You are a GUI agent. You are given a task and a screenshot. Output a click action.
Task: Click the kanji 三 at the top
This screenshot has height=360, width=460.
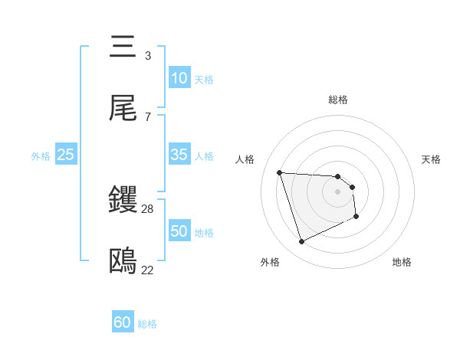coord(123,47)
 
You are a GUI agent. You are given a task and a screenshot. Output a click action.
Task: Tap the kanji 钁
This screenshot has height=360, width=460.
coord(123,201)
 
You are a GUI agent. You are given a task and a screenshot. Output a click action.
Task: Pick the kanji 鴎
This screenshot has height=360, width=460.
coord(123,262)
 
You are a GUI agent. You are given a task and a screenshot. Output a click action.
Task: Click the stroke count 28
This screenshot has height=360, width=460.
coord(148,208)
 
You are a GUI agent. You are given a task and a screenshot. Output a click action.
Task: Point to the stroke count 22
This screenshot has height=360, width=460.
coord(148,270)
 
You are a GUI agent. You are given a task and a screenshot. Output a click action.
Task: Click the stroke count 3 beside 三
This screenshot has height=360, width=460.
coord(148,55)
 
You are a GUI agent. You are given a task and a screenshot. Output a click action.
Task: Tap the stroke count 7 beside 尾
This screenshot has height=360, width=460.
coord(148,116)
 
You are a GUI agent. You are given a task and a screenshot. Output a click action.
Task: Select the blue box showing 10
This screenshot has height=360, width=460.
coord(179,78)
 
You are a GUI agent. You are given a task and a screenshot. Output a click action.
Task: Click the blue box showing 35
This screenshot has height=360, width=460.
coord(179,155)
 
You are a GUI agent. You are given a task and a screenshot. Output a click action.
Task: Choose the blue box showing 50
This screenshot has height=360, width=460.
coord(179,231)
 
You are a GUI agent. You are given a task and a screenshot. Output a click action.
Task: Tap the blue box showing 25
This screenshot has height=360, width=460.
coord(66,155)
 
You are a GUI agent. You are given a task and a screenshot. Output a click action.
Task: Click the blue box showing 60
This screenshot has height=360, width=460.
coord(123,322)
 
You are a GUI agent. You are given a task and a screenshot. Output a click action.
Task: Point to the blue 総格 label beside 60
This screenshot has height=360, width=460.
coord(147,324)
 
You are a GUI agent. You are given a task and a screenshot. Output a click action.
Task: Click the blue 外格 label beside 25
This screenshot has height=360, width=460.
coord(41,156)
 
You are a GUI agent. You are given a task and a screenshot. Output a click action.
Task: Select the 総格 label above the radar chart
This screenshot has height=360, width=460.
coord(338,100)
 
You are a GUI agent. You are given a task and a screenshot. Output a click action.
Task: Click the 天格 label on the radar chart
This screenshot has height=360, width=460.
coord(432,159)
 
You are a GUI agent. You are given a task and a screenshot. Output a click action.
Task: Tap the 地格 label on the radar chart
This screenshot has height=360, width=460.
coord(402,262)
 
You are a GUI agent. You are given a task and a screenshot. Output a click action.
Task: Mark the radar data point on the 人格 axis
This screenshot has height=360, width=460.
coord(280,172)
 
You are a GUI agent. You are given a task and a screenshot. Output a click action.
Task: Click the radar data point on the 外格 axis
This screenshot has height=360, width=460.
coord(301,242)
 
